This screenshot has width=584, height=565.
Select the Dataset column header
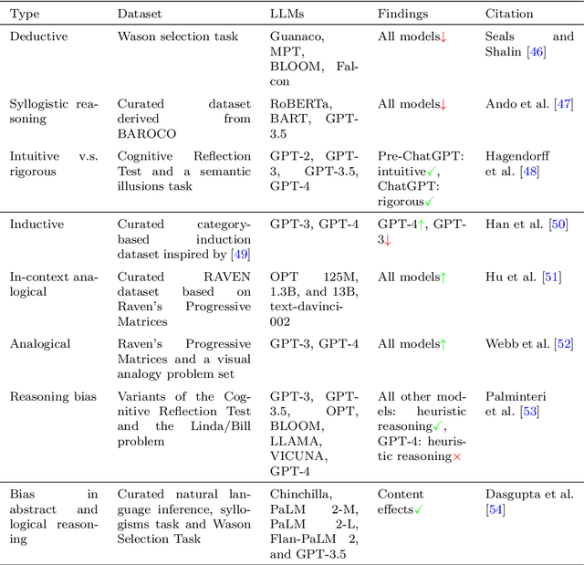[x=140, y=14]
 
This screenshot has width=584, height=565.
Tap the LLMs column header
[x=287, y=14]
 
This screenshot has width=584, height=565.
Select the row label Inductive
[x=36, y=224]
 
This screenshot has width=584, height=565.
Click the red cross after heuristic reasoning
[x=457, y=455]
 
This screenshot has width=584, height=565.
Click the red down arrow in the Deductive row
[x=443, y=37]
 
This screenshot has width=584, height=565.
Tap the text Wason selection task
[x=176, y=37]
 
